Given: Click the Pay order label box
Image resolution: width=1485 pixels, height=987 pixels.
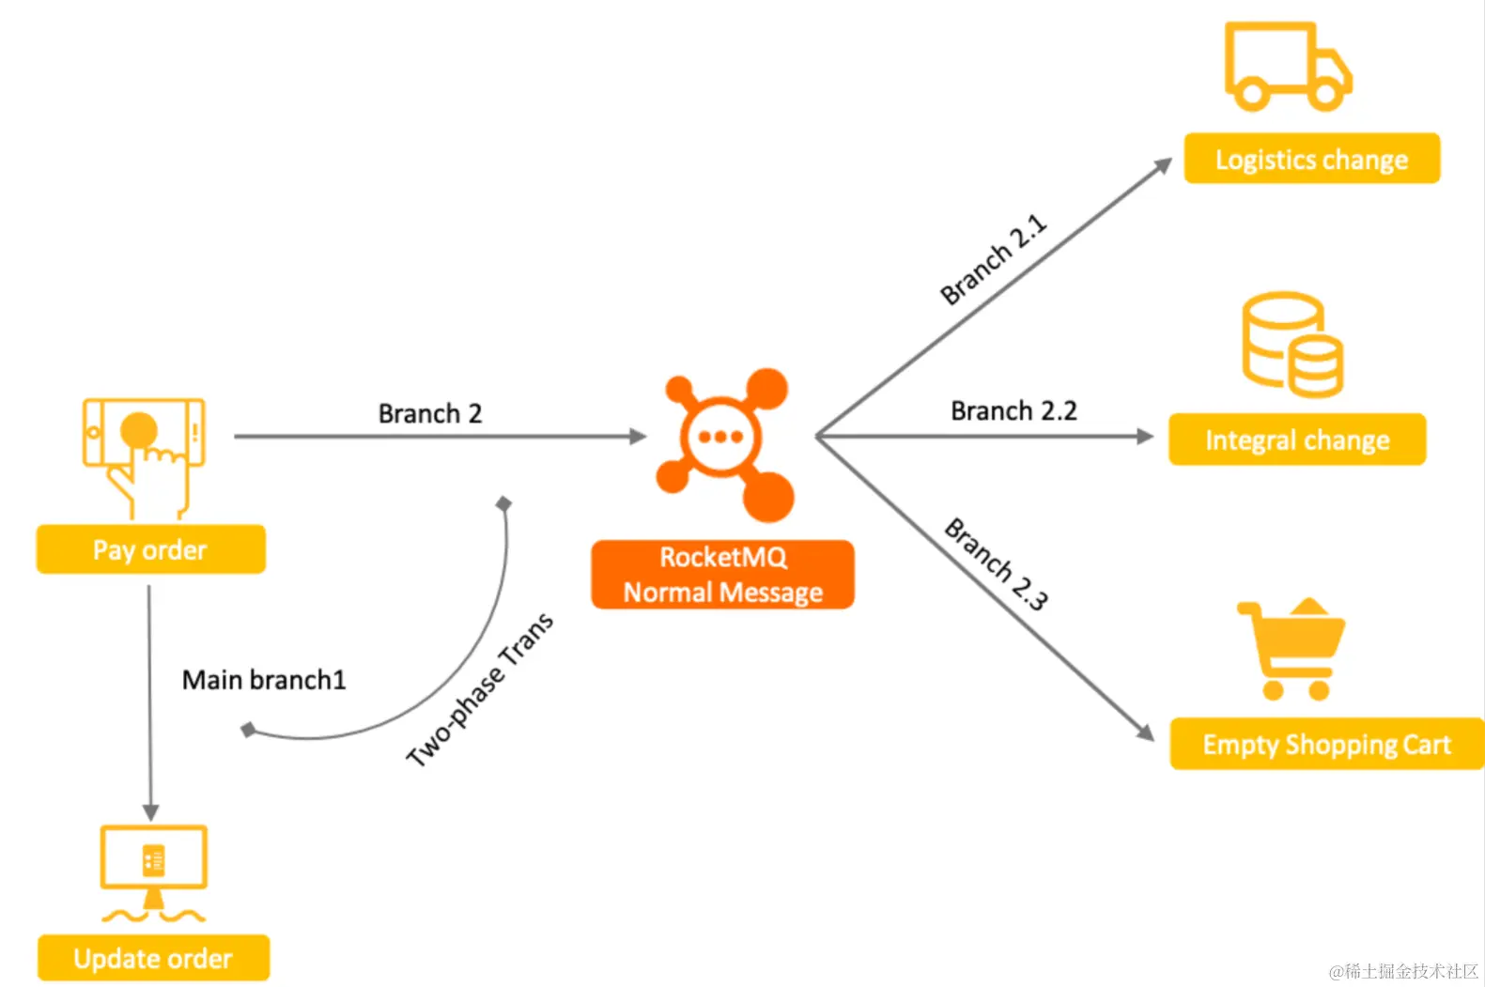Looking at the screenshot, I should click(x=150, y=549).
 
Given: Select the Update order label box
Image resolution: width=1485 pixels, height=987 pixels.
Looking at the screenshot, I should click(x=153, y=958).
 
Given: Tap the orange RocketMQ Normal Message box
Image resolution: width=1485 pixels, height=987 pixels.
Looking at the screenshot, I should click(x=722, y=575).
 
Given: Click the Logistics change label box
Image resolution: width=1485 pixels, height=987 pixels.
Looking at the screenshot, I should click(x=1311, y=159).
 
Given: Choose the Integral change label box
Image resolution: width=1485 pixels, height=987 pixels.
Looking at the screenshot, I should click(x=1297, y=440).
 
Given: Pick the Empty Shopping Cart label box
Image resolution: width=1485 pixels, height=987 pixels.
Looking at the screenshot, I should click(x=1326, y=744).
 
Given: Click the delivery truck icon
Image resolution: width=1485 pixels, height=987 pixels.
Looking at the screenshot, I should click(x=1287, y=67).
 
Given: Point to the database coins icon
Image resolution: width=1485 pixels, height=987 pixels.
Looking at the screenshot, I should click(x=1292, y=345).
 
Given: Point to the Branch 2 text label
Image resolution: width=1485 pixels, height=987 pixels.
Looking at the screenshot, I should click(x=430, y=413).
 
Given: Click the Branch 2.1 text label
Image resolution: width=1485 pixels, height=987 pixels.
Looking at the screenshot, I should click(x=994, y=259).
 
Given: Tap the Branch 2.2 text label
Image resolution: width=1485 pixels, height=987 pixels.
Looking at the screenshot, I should click(x=1013, y=410).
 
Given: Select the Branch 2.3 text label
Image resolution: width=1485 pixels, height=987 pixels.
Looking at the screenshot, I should click(x=996, y=563).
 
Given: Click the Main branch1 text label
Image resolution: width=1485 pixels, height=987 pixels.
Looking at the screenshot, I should click(x=264, y=679).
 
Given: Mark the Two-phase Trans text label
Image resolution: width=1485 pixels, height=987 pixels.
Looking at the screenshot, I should click(x=480, y=689).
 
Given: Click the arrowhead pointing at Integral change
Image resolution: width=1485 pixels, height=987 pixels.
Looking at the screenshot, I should click(x=1145, y=437).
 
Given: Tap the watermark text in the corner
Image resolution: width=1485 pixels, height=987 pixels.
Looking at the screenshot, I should click(x=1403, y=971).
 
